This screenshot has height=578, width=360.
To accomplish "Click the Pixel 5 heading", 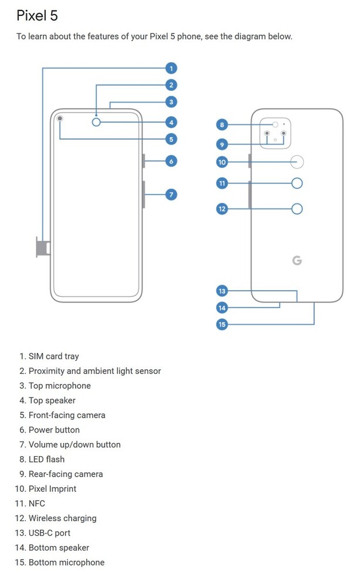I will point(37,15).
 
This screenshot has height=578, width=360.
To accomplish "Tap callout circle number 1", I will point(171,68).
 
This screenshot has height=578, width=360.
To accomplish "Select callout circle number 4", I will point(171,123).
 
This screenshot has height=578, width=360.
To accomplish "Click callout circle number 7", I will point(171,194).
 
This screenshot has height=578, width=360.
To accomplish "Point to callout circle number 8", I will point(222,124).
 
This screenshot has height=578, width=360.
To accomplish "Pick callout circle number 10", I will point(222,162).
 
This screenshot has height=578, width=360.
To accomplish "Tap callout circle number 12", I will point(222,209).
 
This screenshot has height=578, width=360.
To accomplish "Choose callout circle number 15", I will point(222,324).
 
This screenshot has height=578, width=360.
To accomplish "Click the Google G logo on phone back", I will point(297,260).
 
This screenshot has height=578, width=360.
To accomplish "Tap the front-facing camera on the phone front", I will point(60,120).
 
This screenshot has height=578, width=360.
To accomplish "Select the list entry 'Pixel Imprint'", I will point(52,489).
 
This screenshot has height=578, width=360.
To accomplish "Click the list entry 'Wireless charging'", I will point(62,518).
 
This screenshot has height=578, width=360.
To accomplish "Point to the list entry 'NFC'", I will point(36,504).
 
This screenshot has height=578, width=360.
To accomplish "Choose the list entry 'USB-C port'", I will point(49,533).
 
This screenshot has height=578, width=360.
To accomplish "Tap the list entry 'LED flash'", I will point(46,459).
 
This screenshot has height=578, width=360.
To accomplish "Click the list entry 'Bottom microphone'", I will point(66,562).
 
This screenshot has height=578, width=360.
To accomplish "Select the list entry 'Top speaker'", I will point(52,400).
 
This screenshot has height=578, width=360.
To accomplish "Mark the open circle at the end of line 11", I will point(297,183).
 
